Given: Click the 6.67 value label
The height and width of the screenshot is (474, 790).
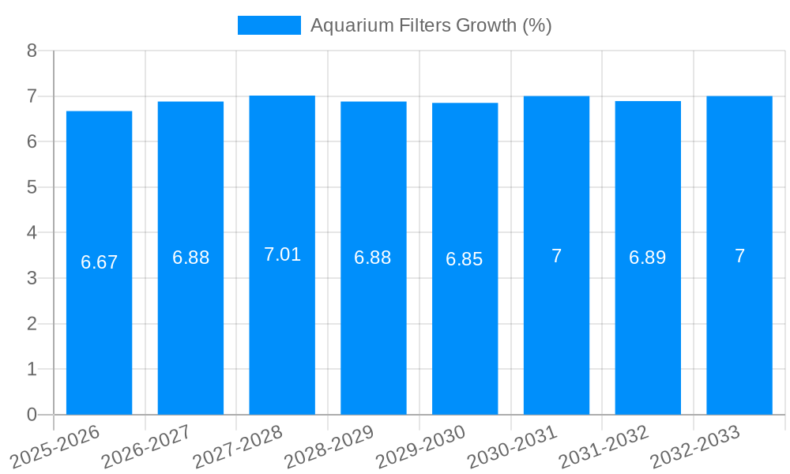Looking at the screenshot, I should click(100, 262).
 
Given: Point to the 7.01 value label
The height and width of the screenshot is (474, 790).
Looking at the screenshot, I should click(282, 254).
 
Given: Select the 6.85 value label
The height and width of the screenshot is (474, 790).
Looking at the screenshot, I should click(465, 259).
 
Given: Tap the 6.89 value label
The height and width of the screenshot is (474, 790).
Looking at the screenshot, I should click(648, 258).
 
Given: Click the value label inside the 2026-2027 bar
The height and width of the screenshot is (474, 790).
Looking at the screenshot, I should click(191, 258).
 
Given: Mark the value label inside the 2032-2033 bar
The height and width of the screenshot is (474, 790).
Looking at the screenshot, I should click(739, 256).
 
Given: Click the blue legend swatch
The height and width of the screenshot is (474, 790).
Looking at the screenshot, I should click(269, 25).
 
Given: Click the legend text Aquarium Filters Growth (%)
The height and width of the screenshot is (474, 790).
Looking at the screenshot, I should click(431, 25).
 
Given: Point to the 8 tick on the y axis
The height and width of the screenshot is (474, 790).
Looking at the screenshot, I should click(32, 51).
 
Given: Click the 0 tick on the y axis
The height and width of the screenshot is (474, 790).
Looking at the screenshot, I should click(32, 415).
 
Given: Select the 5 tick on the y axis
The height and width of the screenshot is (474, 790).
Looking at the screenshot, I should click(32, 187).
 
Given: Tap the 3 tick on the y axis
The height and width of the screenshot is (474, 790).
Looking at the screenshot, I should click(32, 278).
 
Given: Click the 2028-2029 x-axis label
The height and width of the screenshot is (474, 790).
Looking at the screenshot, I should click(329, 446).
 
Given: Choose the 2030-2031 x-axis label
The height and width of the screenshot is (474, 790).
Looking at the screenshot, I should click(513, 446).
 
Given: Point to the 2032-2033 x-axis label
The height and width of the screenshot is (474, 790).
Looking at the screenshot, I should click(695, 446).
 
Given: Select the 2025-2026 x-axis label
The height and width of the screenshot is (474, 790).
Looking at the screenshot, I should click(55, 446).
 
